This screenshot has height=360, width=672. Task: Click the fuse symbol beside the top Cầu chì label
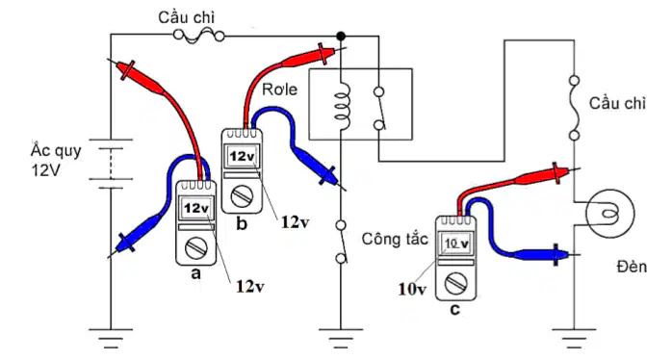199,36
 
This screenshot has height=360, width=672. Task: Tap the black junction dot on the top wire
341,36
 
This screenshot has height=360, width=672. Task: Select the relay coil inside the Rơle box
343,106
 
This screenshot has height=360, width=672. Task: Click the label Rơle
279,90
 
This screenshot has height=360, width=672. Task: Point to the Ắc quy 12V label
56,161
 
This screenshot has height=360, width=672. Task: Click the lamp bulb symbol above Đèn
609,213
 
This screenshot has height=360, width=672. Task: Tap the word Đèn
632,267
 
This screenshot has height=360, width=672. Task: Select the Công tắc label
395,239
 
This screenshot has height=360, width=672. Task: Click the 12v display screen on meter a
196,208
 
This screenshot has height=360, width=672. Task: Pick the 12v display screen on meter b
243,156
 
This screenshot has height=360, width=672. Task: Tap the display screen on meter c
456,244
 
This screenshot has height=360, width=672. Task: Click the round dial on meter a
196,248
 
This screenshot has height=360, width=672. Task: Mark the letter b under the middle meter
242,223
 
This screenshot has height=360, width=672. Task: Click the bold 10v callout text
412,290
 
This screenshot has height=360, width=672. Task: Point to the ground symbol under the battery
111,339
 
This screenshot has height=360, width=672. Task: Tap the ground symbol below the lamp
574,339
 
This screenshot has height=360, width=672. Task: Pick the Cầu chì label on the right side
617,103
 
